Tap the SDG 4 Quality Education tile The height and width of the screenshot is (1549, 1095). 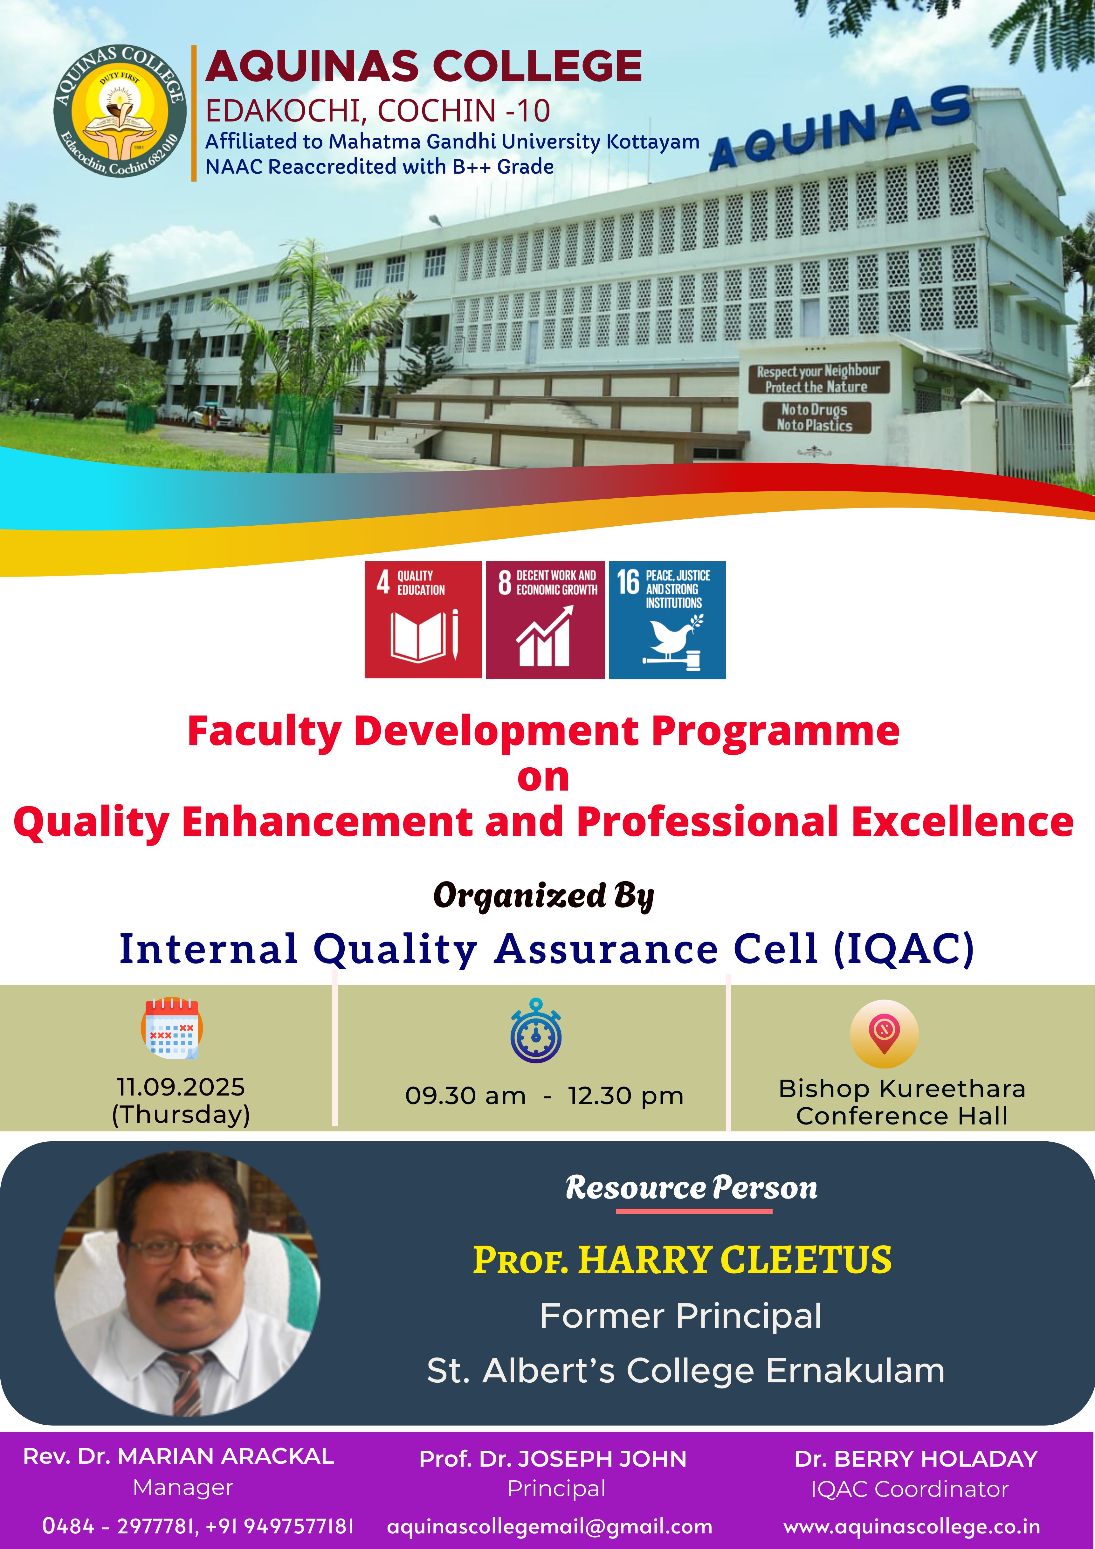(423, 619)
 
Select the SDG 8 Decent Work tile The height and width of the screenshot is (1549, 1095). (545, 619)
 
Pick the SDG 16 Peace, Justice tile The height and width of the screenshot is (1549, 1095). (667, 619)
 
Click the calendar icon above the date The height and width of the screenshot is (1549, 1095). (172, 1027)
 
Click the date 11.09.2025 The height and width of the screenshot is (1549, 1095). (181, 1087)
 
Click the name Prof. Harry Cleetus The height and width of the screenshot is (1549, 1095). (682, 1260)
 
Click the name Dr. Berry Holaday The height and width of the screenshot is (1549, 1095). (916, 1459)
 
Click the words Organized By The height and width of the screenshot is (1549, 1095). (544, 895)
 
